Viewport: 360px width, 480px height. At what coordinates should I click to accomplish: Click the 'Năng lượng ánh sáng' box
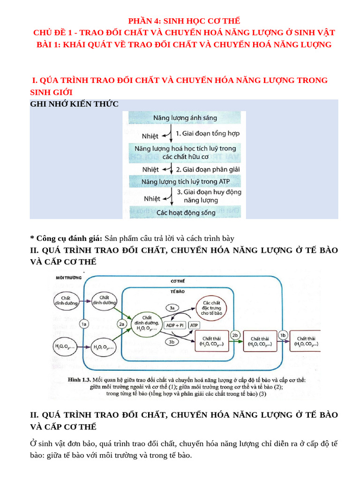click(x=184, y=119)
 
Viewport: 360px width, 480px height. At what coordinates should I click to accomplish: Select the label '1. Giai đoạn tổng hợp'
click(x=208, y=134)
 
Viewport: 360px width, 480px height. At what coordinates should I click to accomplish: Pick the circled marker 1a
click(x=84, y=323)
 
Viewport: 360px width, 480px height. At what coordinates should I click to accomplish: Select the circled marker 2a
click(x=122, y=323)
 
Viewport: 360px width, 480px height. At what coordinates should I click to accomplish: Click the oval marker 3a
click(x=172, y=308)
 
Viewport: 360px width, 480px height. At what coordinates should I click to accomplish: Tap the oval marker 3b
click(x=172, y=341)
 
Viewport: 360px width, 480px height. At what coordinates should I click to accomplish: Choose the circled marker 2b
click(x=236, y=335)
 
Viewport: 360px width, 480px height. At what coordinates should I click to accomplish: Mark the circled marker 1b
click(x=283, y=335)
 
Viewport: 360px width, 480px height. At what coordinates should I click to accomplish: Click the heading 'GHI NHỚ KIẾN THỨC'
click(x=75, y=104)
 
